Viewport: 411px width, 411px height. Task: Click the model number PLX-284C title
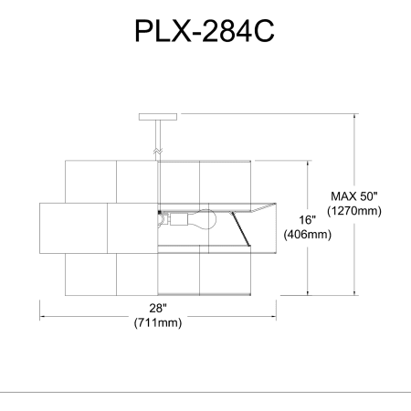point(205,31)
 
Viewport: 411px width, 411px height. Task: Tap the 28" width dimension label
point(158,308)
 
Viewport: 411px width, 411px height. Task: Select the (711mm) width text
point(158,322)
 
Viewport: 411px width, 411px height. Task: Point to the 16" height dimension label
point(307,219)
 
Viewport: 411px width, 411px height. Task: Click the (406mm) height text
point(308,234)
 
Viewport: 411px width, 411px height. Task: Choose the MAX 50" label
point(354,196)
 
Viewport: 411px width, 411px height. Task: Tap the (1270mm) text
point(354,211)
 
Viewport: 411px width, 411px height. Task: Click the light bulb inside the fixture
point(202,218)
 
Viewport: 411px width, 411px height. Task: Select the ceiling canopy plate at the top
point(158,117)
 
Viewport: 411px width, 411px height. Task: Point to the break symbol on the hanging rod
point(158,151)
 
